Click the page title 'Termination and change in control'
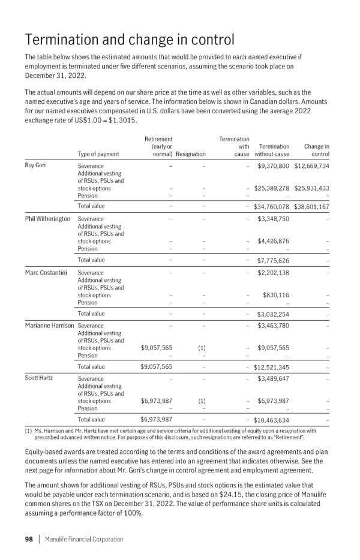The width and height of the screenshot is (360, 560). (130, 40)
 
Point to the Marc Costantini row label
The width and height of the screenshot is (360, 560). (46, 272)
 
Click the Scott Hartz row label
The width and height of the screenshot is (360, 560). (38, 378)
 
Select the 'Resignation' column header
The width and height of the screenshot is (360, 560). (191, 153)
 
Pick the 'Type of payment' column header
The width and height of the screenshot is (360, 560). (98, 153)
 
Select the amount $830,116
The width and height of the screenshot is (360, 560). (276, 295)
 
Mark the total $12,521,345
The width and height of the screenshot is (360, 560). (272, 367)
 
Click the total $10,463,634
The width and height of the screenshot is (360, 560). (272, 420)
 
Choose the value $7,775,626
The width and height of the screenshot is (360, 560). (273, 260)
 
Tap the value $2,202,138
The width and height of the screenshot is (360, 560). (273, 272)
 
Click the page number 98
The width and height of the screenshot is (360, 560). (28, 539)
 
